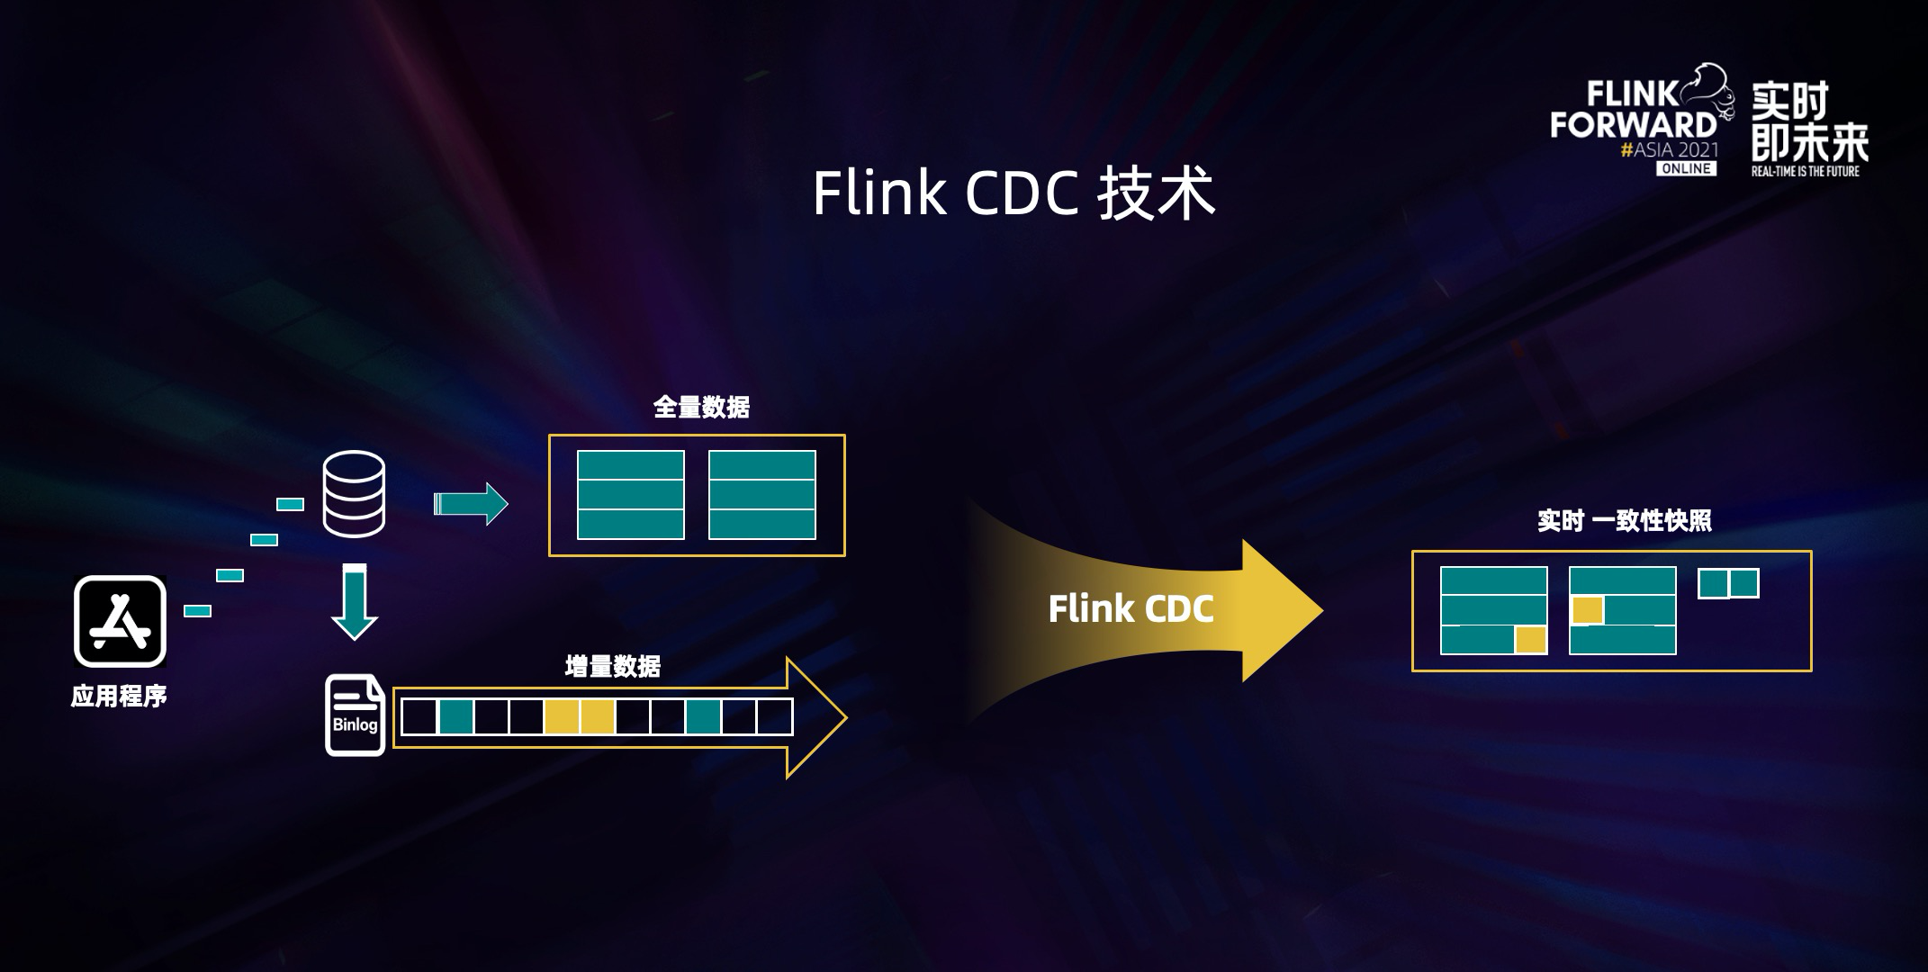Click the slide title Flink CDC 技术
point(1014,193)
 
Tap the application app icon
point(120,621)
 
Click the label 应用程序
point(119,696)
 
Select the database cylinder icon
point(354,494)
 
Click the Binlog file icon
point(355,715)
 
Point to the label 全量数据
point(701,408)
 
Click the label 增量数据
point(612,667)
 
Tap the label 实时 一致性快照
point(1624,521)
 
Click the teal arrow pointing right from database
point(471,504)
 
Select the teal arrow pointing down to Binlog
point(355,601)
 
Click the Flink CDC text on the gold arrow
point(1131,609)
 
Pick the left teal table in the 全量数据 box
point(630,495)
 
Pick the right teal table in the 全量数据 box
point(761,495)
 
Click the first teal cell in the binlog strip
point(456,717)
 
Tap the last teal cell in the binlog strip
point(703,717)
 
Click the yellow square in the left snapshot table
point(1530,640)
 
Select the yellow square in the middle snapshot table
point(1588,610)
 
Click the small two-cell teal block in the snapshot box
point(1728,583)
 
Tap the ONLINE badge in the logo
point(1686,168)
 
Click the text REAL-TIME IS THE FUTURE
point(1805,171)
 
